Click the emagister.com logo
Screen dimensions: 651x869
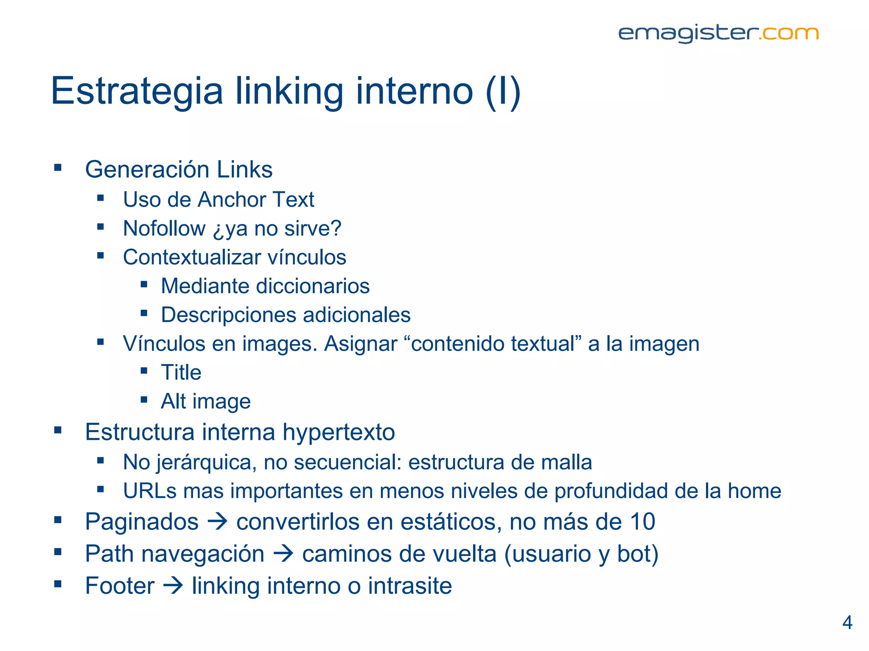pyautogui.click(x=718, y=33)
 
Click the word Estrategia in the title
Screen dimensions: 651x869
pyautogui.click(x=137, y=91)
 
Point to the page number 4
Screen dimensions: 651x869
pyautogui.click(x=847, y=623)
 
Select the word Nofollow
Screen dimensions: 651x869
pyautogui.click(x=164, y=228)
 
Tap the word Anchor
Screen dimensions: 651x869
pyautogui.click(x=232, y=200)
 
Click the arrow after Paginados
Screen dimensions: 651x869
pyautogui.click(x=217, y=522)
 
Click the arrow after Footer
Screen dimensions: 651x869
pyautogui.click(x=173, y=586)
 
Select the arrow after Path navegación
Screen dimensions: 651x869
pyautogui.click(x=283, y=554)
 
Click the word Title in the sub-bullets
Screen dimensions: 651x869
pyautogui.click(x=181, y=373)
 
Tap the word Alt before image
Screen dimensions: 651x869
pyautogui.click(x=173, y=401)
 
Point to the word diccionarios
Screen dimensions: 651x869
pyautogui.click(x=312, y=286)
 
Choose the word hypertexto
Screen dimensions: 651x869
pyautogui.click(x=339, y=432)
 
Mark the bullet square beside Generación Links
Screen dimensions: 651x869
pyautogui.click(x=58, y=168)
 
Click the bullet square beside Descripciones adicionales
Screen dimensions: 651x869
pyautogui.click(x=144, y=314)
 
